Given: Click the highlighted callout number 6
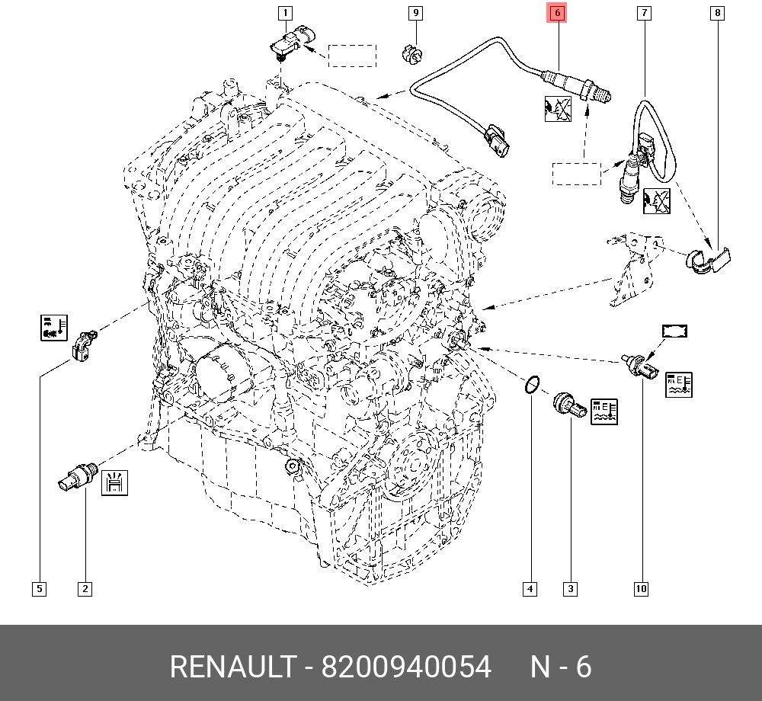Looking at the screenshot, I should coord(557,13).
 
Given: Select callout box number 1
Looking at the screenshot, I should coord(285,13).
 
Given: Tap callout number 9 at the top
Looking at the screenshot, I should coord(415,13).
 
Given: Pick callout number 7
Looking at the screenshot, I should coord(645,13).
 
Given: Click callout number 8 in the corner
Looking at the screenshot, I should coord(717,13).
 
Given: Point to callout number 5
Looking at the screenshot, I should coord(39,588).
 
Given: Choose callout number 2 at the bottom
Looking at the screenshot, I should coord(85,588).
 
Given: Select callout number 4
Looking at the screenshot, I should coord(530,588).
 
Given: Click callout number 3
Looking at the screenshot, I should coord(570,588).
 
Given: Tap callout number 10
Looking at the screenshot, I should coord(641,588).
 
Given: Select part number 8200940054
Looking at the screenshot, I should coord(405,667).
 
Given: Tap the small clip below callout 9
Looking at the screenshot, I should coord(411,53).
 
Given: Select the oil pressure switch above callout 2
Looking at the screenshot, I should coord(76,478).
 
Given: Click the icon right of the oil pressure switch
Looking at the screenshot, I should coord(114,482).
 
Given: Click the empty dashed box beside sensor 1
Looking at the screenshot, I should coord(352,56).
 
